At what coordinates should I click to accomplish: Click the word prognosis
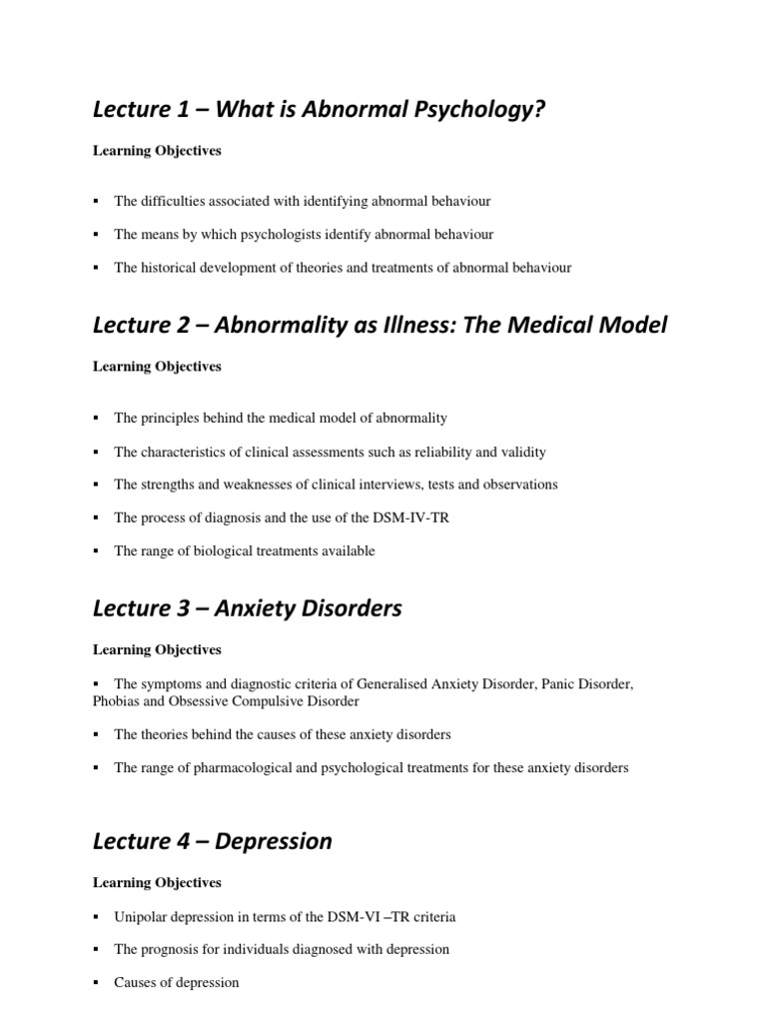point(175,949)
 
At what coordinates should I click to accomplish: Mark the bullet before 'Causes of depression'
point(96,983)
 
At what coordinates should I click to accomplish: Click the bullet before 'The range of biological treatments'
point(96,551)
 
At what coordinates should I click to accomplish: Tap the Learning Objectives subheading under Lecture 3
point(157,650)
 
